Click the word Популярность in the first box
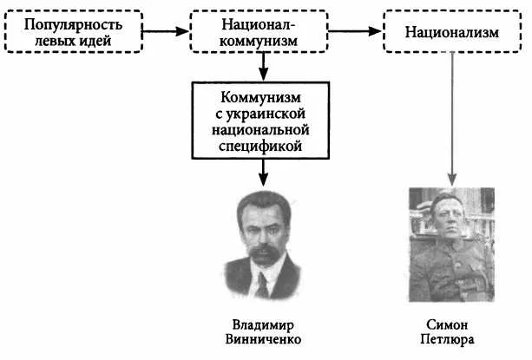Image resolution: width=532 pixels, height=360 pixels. point(73,25)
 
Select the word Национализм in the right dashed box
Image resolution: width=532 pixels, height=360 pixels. point(452,32)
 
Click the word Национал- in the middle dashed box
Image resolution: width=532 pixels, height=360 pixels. point(259,24)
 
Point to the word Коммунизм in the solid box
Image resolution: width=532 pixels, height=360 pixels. point(260,97)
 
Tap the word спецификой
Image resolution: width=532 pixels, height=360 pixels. point(260,147)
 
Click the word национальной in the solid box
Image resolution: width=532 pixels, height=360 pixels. point(260,130)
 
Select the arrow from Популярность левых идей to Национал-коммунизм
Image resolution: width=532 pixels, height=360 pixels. point(165,31)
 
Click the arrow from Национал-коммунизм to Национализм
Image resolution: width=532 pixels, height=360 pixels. point(355,31)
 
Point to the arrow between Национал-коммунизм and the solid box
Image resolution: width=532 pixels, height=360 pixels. point(263,67)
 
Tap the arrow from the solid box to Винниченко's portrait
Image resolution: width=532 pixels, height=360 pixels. point(263,173)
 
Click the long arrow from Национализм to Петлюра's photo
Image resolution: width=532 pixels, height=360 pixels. point(452,120)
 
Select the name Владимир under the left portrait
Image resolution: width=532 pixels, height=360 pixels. point(263,325)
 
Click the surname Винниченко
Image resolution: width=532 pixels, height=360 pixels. point(263,339)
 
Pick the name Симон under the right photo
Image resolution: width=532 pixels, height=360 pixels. point(447,325)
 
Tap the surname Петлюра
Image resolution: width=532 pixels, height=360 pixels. point(447,339)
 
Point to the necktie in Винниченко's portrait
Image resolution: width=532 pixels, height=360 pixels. point(262,285)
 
